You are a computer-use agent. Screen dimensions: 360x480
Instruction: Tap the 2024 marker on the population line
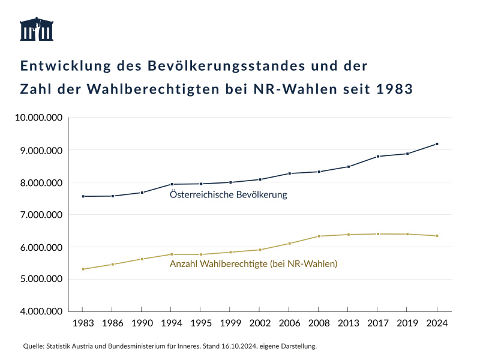[x=437, y=144]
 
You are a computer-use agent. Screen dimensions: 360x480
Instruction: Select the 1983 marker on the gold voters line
[x=83, y=269]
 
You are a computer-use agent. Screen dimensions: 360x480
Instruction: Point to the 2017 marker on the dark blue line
[x=378, y=157]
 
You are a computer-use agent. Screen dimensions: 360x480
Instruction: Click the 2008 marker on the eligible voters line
[x=319, y=236]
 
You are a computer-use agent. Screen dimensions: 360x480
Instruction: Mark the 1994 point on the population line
[x=172, y=184]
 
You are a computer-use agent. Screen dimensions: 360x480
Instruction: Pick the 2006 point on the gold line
[x=289, y=244]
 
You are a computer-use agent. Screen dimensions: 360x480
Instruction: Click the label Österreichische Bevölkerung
[x=228, y=195]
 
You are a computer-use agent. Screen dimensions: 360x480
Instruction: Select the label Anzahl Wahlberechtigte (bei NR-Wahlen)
[x=253, y=263]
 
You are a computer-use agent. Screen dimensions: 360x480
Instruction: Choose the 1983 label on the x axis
[x=83, y=323]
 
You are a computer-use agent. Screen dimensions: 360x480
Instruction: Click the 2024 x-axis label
[x=437, y=323]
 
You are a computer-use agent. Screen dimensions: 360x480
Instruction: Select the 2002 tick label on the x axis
[x=260, y=323]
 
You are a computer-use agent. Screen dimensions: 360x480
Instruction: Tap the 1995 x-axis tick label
[x=201, y=323]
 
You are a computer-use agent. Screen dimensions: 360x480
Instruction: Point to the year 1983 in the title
[x=394, y=89]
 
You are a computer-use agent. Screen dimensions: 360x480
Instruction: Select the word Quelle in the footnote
[x=34, y=346]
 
